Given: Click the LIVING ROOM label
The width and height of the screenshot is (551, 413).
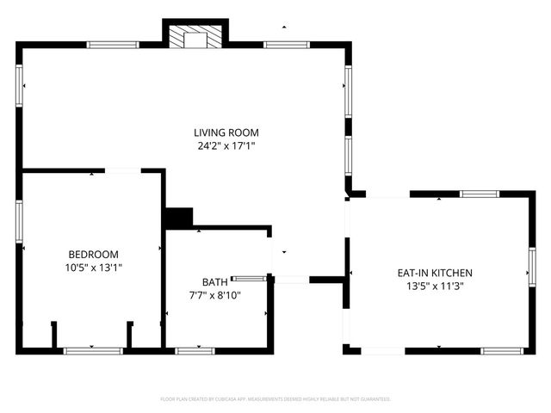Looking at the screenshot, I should pos(226,133).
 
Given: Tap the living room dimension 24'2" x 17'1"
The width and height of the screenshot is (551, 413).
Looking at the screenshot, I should pos(226,146).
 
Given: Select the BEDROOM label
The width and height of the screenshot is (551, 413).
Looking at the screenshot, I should pos(93,255).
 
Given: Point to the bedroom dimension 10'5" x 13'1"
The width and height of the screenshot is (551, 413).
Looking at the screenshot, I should pos(93,268).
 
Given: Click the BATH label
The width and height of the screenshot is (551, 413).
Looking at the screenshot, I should pos(214,281).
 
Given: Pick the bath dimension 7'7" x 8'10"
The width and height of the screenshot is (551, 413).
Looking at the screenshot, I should pos(214,295).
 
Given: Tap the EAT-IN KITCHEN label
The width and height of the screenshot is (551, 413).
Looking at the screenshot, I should pos(435,273).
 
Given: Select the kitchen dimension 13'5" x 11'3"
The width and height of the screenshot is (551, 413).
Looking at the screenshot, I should pos(435,286).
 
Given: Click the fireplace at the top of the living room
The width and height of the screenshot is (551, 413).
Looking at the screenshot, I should pos(195,38).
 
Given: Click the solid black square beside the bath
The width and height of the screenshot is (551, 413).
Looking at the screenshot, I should pos(178,219).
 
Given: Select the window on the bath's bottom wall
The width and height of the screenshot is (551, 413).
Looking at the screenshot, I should pos(195,350).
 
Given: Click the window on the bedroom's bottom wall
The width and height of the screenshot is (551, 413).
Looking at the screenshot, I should pos(94,350).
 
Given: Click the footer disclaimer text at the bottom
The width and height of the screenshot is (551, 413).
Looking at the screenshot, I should pos(275,399).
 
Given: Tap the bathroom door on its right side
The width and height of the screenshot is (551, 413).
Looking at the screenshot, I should pos(250,278).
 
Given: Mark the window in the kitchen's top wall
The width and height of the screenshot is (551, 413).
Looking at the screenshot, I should pos(479,194).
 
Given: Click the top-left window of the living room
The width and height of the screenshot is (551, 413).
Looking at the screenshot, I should pos(113,45).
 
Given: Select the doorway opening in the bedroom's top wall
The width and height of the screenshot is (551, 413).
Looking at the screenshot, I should pos(123,171).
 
